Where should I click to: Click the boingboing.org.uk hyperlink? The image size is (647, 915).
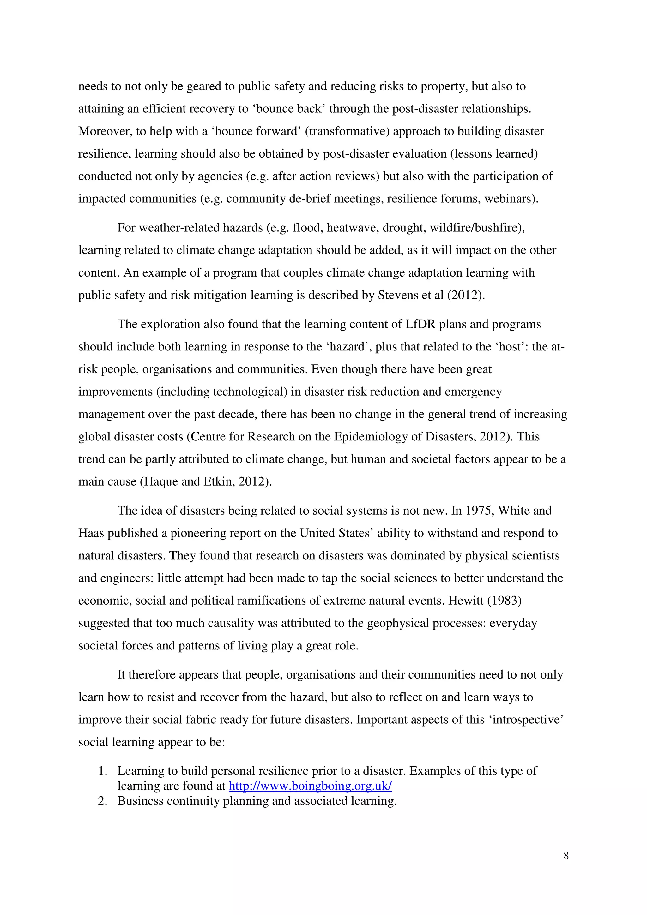pyautogui.click(x=310, y=786)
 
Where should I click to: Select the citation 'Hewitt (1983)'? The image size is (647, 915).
pyautogui.click(x=485, y=601)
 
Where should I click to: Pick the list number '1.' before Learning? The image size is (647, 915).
pyautogui.click(x=103, y=771)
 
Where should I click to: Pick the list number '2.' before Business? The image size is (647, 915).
pyautogui.click(x=103, y=801)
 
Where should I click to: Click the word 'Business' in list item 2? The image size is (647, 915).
pyautogui.click(x=140, y=801)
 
